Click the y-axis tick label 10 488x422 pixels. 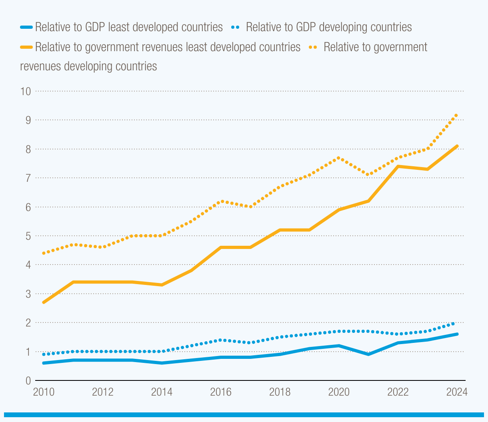coord(26,91)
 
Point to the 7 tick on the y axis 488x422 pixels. coord(28,178)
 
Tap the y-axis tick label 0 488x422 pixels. coord(28,381)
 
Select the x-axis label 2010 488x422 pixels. coord(44,392)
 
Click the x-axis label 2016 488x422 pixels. coord(221,392)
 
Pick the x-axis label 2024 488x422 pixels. coord(457,392)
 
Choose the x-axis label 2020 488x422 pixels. coord(339,392)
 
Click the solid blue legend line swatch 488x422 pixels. coord(26,28)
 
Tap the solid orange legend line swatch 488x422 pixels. coord(26,47)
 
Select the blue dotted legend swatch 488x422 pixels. coord(236,28)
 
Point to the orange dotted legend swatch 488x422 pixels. coord(313,47)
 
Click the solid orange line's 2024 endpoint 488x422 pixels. coord(457,146)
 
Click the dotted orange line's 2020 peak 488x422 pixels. coord(339,158)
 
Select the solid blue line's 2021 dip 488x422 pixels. coord(368,354)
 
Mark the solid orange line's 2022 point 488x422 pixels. coord(398,166)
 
